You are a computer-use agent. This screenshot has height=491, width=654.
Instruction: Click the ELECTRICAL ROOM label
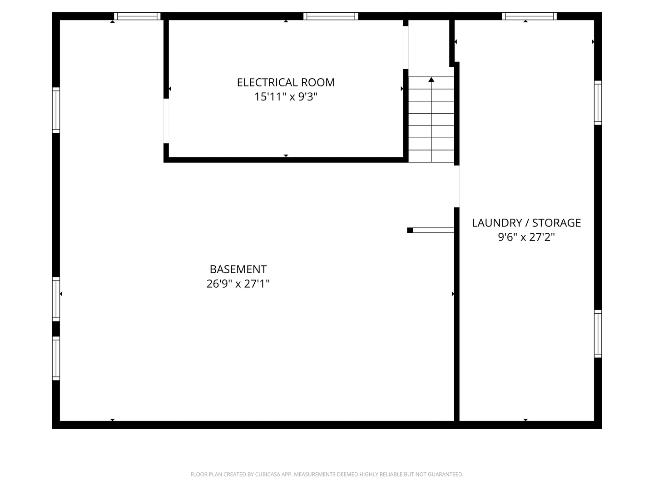click(286, 82)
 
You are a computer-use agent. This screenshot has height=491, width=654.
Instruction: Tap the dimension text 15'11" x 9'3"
click(286, 97)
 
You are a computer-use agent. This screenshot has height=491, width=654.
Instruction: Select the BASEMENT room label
click(238, 269)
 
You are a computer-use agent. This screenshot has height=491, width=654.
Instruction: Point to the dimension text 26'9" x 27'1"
click(238, 284)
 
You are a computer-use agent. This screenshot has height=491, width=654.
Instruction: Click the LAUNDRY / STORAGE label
click(526, 223)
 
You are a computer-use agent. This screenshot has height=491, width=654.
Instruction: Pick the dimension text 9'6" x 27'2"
click(526, 237)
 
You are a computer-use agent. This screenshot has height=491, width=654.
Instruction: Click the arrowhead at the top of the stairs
click(431, 80)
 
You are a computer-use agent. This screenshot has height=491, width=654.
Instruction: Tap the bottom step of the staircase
click(431, 156)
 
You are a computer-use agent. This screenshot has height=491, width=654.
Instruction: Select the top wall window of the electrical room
click(331, 16)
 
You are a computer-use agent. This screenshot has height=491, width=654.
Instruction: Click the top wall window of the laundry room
click(529, 16)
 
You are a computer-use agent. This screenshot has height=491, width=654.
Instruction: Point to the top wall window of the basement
click(137, 16)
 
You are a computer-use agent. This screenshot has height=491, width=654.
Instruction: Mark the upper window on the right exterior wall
click(598, 103)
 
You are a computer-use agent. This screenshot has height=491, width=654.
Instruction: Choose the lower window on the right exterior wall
click(598, 334)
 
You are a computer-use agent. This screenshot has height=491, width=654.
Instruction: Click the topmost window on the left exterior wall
click(56, 110)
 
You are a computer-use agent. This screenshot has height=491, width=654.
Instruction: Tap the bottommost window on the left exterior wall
click(56, 358)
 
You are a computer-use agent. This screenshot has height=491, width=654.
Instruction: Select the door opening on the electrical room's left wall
click(166, 121)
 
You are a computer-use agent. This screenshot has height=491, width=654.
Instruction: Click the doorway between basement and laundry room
click(456, 186)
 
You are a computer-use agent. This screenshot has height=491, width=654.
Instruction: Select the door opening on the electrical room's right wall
click(406, 48)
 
